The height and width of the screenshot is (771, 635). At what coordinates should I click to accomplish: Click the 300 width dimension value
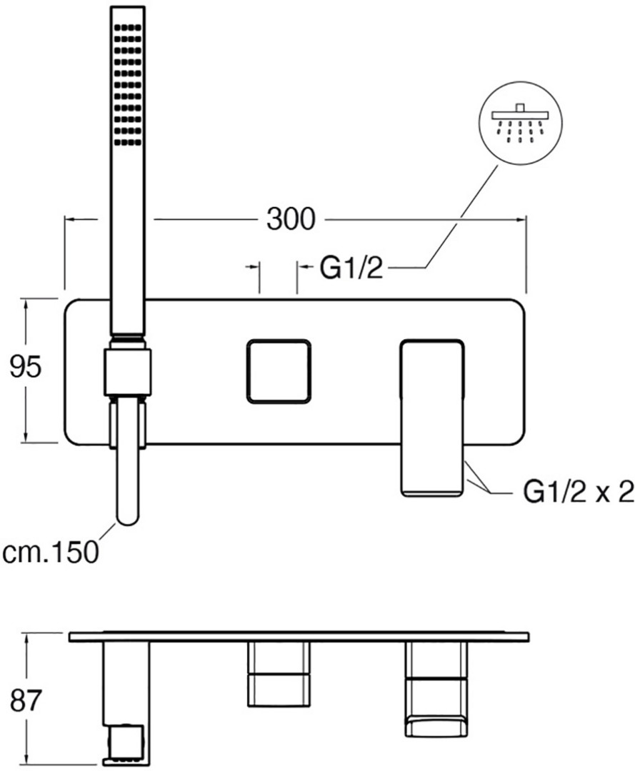290,219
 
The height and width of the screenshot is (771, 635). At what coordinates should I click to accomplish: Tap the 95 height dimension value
26,367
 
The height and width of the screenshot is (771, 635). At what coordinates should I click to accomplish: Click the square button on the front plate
278,371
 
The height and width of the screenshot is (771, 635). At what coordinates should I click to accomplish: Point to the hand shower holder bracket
129,371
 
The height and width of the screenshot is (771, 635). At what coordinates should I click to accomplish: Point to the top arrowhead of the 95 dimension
26,304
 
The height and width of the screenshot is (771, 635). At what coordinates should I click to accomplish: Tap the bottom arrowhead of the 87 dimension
26,759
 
